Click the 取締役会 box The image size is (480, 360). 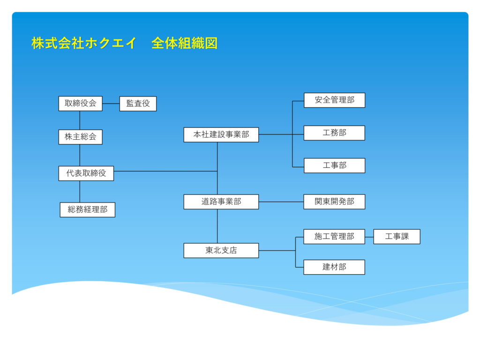click(81, 104)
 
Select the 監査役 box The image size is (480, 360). click(138, 104)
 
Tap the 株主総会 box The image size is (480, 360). click(81, 137)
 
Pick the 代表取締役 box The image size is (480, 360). click(86, 173)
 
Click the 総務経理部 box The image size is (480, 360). click(88, 210)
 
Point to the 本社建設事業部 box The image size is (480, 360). click(221, 135)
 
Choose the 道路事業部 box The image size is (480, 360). click(221, 202)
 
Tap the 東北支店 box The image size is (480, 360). click(221, 250)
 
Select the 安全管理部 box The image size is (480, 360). click(334, 100)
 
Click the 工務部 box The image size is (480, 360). click(334, 133)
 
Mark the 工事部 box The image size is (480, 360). click(334, 165)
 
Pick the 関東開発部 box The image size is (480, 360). click(334, 202)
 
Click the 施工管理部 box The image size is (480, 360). click(334, 237)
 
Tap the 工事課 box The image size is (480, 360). click(397, 237)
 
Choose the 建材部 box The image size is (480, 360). click(334, 267)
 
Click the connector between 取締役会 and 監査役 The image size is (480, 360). click(111, 104)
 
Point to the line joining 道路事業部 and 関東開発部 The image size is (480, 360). click(281, 202)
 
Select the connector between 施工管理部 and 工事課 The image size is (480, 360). click(369, 237)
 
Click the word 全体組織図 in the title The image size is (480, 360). click(185, 43)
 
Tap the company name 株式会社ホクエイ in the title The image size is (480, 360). click(83, 43)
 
